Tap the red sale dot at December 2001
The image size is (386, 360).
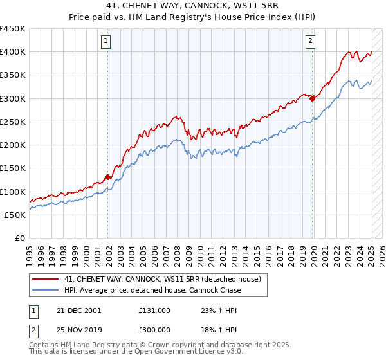coord(108,177)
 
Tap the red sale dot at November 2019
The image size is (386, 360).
coord(312,98)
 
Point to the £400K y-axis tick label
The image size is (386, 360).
coord(13,52)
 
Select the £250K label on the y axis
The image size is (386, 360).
coord(13,122)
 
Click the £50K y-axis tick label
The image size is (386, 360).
coord(15,215)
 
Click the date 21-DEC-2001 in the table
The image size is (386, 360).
coord(78,310)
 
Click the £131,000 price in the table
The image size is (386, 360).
coord(154,310)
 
